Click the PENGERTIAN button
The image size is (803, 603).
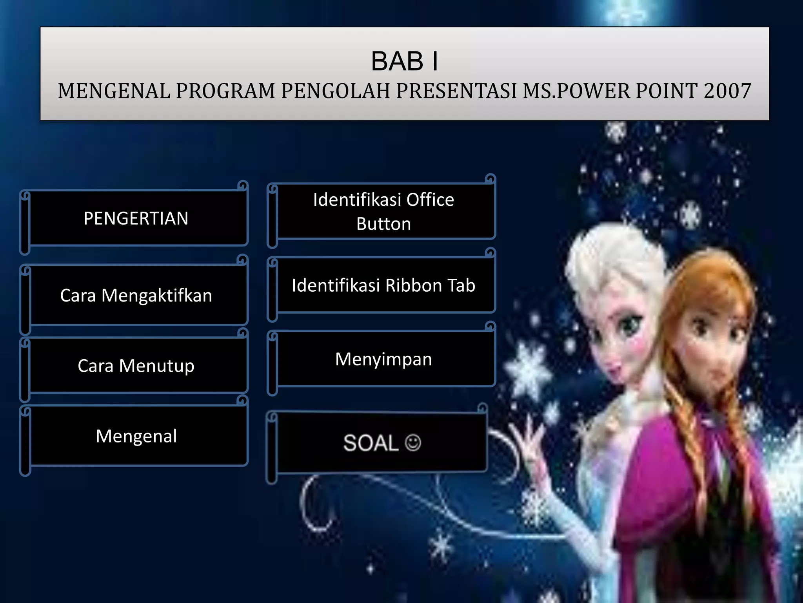click(136, 218)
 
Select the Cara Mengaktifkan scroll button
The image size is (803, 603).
click(136, 295)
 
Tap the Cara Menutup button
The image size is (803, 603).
click(136, 365)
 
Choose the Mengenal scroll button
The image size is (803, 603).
click(136, 436)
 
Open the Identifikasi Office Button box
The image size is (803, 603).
click(383, 211)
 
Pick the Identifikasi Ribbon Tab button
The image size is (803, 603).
click(383, 285)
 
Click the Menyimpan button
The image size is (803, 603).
click(383, 359)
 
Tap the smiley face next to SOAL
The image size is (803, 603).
click(413, 443)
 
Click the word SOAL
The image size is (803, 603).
click(371, 443)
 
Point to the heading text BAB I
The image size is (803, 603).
click(405, 62)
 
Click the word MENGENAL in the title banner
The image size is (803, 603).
click(114, 91)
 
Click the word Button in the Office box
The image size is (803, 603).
click(383, 224)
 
